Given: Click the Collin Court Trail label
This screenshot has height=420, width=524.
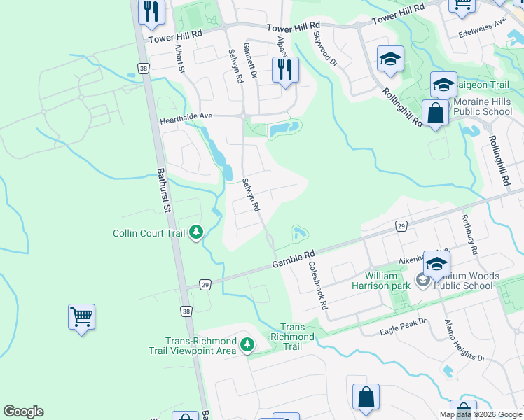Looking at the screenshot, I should (150, 233).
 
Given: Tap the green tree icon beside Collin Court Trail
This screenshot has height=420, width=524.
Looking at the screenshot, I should (198, 231).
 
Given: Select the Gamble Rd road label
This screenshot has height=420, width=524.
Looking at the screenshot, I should (294, 259).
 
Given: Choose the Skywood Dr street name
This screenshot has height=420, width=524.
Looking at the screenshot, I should (326, 48).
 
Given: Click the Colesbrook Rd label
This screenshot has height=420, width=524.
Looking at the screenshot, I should (318, 286).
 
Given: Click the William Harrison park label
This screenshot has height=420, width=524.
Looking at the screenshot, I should (381, 281).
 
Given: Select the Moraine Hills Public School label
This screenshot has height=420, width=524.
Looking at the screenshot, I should (483, 106).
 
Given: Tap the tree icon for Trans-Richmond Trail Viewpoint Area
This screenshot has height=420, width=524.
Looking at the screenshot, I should (247, 344).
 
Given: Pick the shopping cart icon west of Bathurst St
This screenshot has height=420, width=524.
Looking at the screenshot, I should (81, 317).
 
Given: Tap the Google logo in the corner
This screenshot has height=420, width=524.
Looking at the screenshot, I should (23, 411).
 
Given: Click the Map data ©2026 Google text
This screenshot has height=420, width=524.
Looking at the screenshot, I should (481, 414).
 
